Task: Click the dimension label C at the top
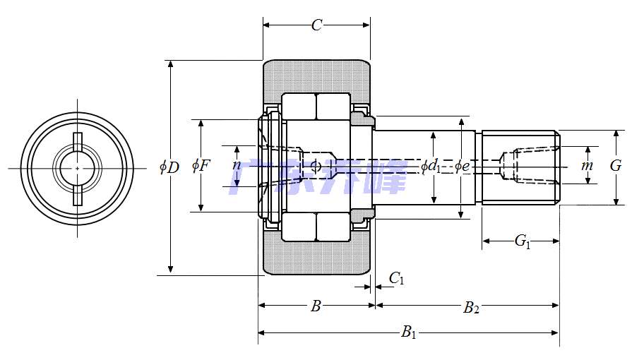pyautogui.click(x=316, y=25)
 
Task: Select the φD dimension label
pyautogui.click(x=169, y=167)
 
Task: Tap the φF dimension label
pyautogui.click(x=201, y=166)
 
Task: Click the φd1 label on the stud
pyautogui.click(x=431, y=167)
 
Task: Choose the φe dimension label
pyautogui.click(x=461, y=167)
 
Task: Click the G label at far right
pyautogui.click(x=616, y=166)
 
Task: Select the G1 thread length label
pyautogui.click(x=522, y=241)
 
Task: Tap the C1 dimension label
pyautogui.click(x=397, y=280)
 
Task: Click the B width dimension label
pyautogui.click(x=316, y=306)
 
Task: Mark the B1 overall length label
pyautogui.click(x=409, y=332)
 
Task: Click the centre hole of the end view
pyautogui.click(x=77, y=168)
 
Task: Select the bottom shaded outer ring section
pyautogui.click(x=316, y=258)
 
